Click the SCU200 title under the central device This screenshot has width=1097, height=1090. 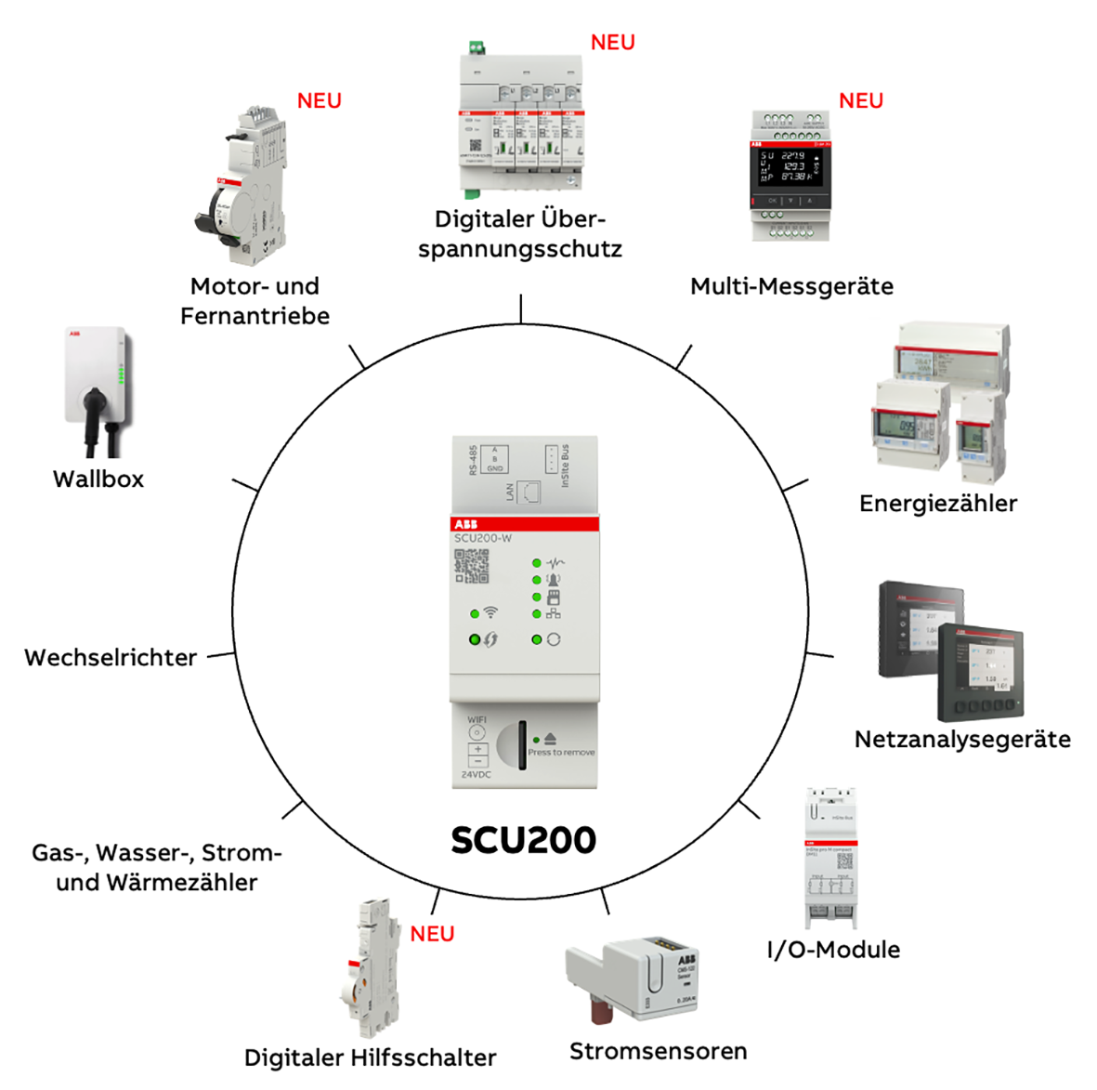523,840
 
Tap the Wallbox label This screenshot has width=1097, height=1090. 98,479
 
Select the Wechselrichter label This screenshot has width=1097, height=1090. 111,658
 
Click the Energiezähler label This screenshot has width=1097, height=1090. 938,504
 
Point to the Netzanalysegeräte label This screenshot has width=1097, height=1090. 962,740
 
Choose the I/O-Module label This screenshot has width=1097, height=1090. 833,950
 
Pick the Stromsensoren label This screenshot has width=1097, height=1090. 658,1052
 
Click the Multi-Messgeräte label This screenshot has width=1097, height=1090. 791,286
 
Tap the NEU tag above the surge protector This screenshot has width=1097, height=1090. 613,43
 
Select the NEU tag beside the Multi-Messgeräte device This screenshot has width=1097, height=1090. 861,101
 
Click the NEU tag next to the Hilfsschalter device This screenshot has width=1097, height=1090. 433,935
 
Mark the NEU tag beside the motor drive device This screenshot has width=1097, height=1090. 320,101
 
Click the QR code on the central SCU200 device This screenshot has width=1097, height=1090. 472,566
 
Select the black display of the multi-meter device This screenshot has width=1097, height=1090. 790,167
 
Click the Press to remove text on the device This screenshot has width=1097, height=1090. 561,753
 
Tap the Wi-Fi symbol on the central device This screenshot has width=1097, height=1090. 490,612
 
